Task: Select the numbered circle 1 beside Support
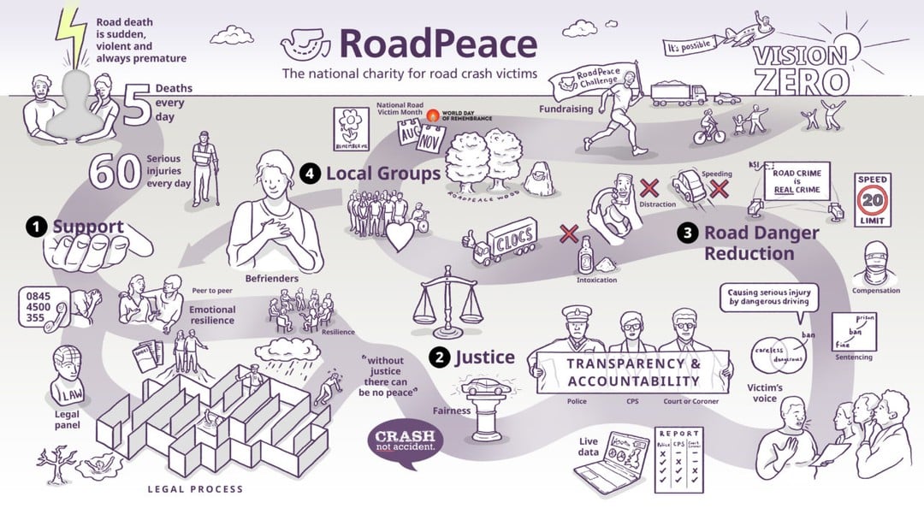(x=36, y=227)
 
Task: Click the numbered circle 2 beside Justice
(x=440, y=357)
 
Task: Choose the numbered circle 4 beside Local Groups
(x=310, y=174)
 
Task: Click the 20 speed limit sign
(x=873, y=200)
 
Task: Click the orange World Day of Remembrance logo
(x=433, y=114)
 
